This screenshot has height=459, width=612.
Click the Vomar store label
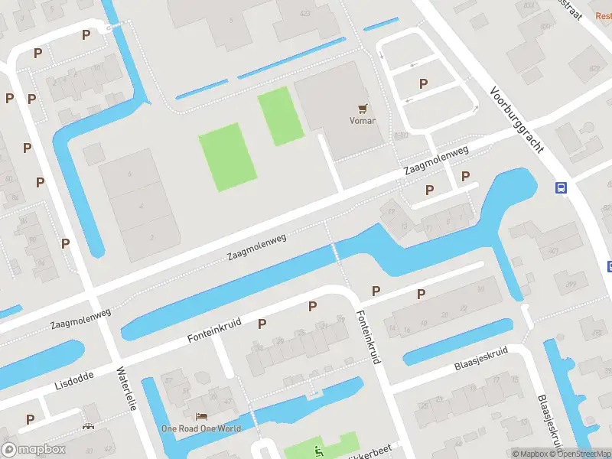(x=362, y=120)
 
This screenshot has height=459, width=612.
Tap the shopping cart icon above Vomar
(x=362, y=109)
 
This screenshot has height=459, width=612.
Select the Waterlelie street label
(x=125, y=389)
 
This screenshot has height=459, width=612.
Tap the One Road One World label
(x=200, y=428)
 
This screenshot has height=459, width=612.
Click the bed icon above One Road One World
(x=201, y=417)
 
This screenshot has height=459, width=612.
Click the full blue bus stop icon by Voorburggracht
(x=561, y=187)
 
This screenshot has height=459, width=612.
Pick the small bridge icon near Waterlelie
(x=90, y=426)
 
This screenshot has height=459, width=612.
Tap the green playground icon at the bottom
(x=319, y=451)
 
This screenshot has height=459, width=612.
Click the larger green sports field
(x=226, y=158)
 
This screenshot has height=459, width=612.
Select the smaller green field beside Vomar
(x=281, y=116)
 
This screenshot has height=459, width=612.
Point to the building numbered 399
(x=570, y=285)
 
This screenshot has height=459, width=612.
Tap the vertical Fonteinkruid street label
(x=368, y=337)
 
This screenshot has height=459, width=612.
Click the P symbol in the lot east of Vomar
(x=423, y=83)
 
